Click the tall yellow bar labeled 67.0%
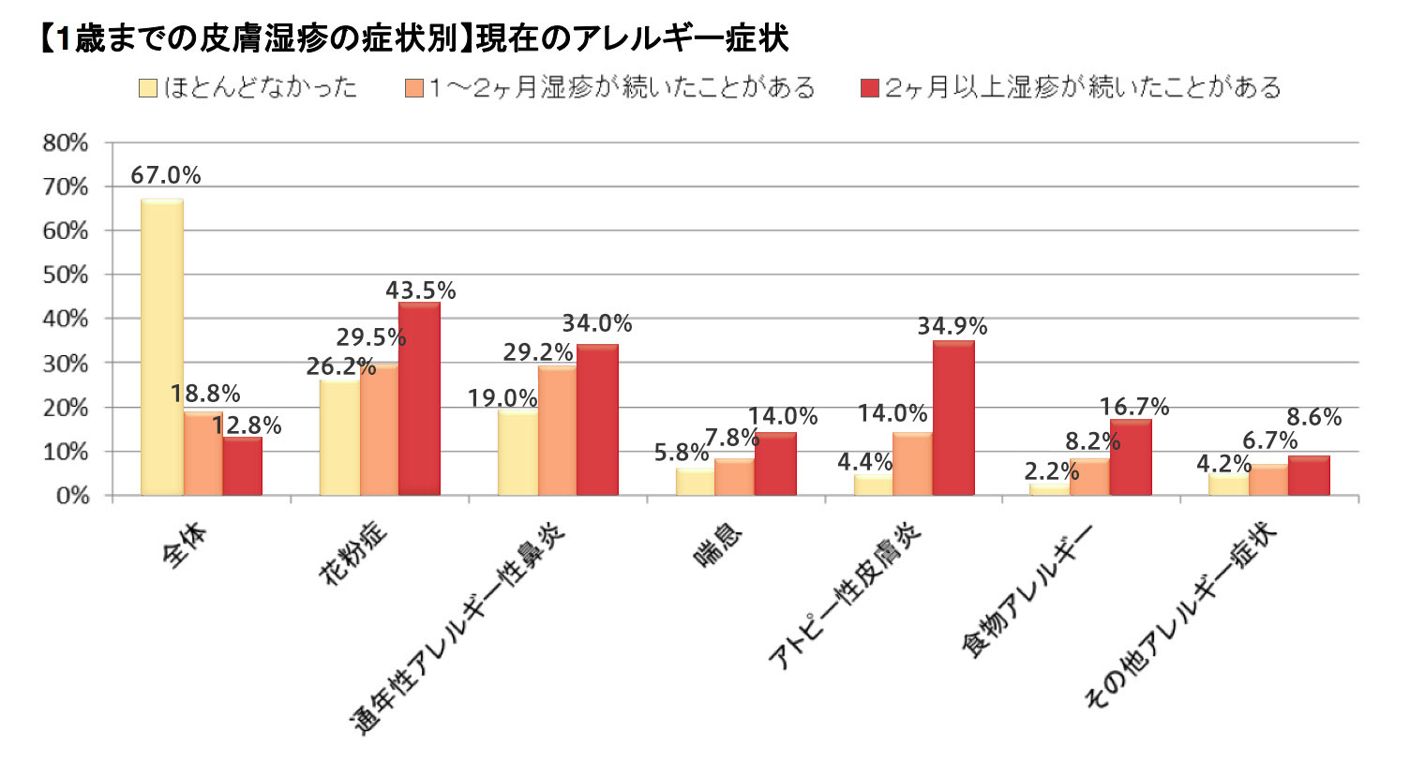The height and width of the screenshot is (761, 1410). [x=161, y=347]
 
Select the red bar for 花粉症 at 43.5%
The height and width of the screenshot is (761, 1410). [x=418, y=398]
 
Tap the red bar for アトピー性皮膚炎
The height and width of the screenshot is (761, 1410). [x=954, y=418]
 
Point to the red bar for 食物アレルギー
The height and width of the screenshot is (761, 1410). [x=1131, y=457]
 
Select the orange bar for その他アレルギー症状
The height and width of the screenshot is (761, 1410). [x=1268, y=479]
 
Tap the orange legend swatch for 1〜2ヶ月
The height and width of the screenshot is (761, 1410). [x=414, y=89]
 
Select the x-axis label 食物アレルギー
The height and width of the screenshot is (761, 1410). [x=1031, y=590]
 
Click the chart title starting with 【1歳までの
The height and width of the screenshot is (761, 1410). [x=413, y=40]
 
